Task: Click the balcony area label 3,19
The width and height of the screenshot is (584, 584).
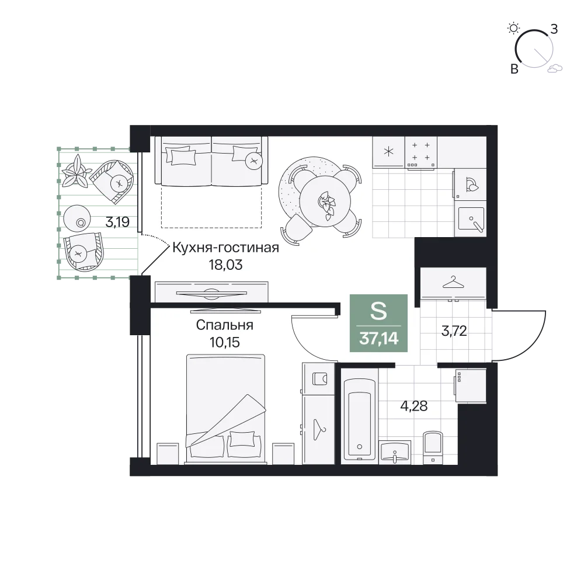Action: click(x=117, y=223)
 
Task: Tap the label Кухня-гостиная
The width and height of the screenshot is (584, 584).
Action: click(x=225, y=248)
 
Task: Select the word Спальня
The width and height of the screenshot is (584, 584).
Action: click(x=225, y=325)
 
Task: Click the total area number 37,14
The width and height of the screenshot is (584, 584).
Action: click(x=379, y=339)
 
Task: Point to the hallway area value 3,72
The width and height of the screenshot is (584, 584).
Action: click(x=454, y=331)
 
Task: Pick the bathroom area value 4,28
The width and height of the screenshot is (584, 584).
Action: click(x=414, y=406)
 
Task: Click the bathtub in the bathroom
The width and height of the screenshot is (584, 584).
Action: click(x=359, y=419)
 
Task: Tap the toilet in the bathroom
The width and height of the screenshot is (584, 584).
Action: click(x=433, y=448)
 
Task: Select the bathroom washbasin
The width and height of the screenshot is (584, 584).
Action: click(x=394, y=452)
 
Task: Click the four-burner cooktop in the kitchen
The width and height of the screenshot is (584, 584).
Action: click(x=421, y=152)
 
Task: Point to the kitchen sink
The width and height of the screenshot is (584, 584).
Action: click(x=471, y=219)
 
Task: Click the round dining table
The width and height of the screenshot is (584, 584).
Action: click(x=325, y=201)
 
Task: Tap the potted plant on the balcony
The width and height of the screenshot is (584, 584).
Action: click(x=77, y=171)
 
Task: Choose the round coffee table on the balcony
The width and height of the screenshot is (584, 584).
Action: click(x=77, y=218)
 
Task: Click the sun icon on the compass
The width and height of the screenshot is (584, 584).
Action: click(x=513, y=28)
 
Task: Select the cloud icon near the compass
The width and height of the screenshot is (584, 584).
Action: click(x=555, y=68)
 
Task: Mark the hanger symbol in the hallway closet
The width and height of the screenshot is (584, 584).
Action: click(x=453, y=282)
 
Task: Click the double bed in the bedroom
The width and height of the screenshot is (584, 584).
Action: click(x=225, y=409)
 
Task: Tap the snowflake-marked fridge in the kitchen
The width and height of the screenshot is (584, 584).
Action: click(x=388, y=152)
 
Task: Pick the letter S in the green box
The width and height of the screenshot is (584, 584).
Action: click(x=378, y=311)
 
